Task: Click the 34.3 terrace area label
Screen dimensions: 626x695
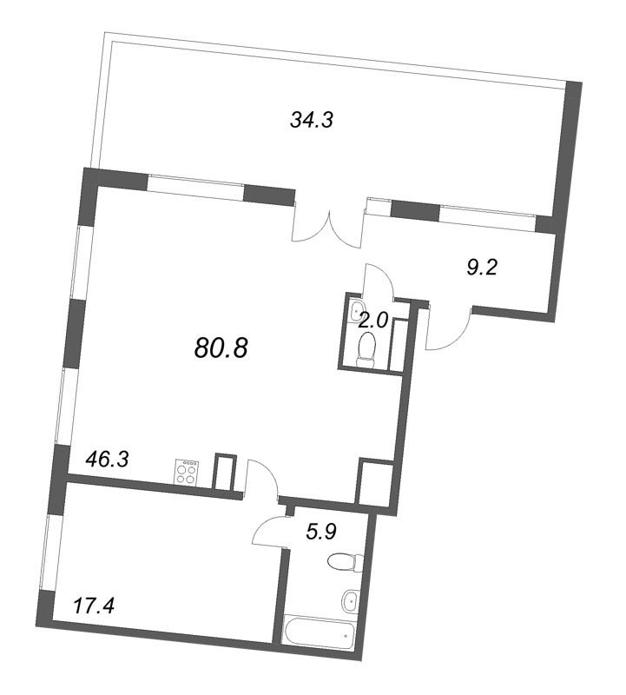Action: [x=311, y=120]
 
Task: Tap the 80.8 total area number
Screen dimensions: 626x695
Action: [x=221, y=347]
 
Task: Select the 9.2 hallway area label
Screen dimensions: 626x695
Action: [x=482, y=268]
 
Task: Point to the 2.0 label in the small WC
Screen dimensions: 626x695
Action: [x=372, y=320]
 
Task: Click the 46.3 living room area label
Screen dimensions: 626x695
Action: [x=106, y=460]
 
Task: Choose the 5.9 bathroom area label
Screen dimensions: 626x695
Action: [x=320, y=532]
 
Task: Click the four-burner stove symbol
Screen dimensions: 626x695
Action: [x=187, y=472]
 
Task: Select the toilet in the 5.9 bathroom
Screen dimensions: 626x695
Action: [x=346, y=562]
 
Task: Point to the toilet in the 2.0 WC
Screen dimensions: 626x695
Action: [x=366, y=349]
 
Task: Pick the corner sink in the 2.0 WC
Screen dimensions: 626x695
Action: [x=356, y=310]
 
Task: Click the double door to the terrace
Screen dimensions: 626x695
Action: [x=330, y=224]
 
